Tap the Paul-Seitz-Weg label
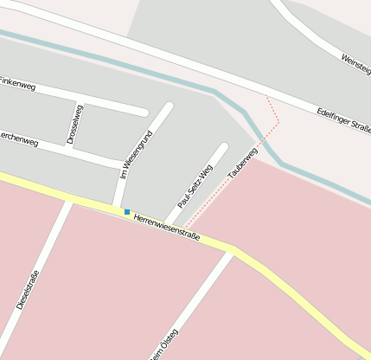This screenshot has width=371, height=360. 195,186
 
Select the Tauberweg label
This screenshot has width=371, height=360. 243,164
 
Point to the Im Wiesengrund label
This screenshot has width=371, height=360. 137,155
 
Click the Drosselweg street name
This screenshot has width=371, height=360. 74,125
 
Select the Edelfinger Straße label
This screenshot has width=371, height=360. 343,119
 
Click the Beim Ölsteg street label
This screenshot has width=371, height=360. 164,344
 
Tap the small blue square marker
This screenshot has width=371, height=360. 127,212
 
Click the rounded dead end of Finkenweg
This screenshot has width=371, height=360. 143,111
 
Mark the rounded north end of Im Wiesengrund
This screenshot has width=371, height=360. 169,107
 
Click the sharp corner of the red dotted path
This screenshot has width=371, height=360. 278,122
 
